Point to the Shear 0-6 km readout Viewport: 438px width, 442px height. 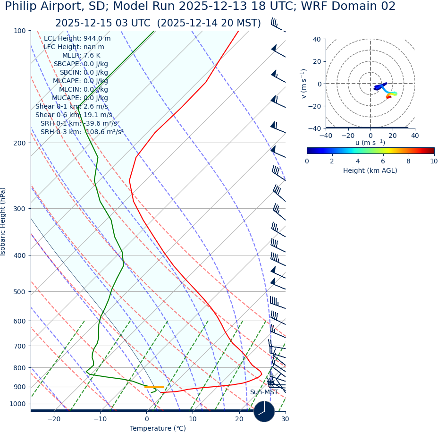(74, 115)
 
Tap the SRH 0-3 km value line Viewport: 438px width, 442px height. (82, 132)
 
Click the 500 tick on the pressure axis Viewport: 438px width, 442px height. (19, 292)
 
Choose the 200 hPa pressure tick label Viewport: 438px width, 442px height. (19, 143)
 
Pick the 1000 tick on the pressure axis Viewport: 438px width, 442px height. (17, 404)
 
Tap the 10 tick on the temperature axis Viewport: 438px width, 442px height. (193, 419)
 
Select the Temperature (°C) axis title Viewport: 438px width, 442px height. (158, 429)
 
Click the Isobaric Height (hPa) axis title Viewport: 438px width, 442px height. (3, 221)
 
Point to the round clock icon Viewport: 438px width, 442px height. (264, 411)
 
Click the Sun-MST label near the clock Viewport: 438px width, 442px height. (264, 392)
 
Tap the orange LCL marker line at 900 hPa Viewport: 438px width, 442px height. (154, 387)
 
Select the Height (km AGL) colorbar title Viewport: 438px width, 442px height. (370, 170)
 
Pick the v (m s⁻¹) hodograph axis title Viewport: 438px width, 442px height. (303, 84)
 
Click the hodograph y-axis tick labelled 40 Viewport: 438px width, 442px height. (317, 40)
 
